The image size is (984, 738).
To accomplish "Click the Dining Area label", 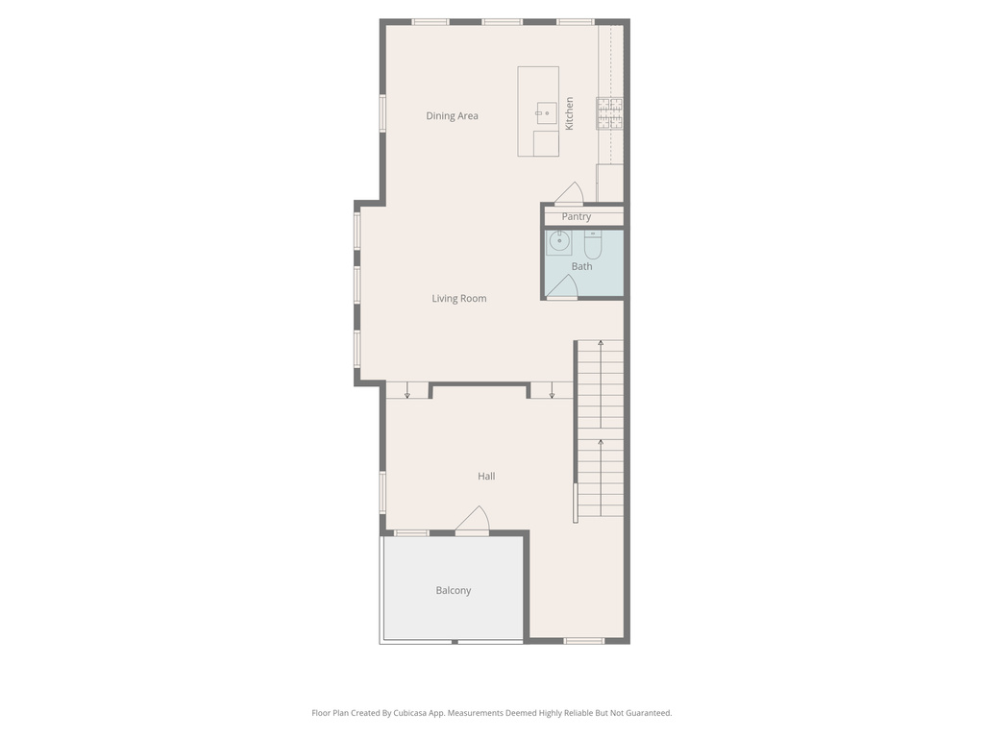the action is (452, 115).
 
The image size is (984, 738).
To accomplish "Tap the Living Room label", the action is (458, 299).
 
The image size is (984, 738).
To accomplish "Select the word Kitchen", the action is (569, 113).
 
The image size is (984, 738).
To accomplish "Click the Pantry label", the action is (577, 216).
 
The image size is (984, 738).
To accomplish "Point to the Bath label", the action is (581, 266).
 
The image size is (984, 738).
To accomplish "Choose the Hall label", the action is (486, 477).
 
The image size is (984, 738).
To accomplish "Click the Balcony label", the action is (454, 591).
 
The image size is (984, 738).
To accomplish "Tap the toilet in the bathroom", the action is (593, 245).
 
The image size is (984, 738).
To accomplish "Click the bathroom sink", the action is (558, 242).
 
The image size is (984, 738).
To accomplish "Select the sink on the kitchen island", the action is (547, 113).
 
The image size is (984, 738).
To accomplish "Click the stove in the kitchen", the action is (609, 113).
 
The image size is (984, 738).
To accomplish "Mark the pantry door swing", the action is (570, 194).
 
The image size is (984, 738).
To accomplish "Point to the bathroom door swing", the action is (562, 286).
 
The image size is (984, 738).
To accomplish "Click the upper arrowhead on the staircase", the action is (601, 343).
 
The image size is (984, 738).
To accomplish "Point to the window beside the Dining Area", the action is (382, 113).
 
